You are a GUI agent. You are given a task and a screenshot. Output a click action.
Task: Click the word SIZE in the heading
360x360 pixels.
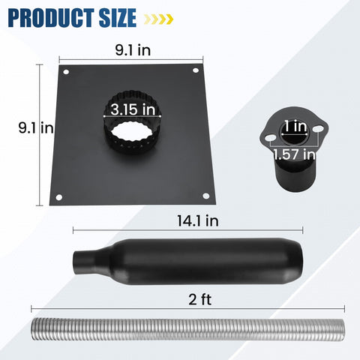click(118, 18)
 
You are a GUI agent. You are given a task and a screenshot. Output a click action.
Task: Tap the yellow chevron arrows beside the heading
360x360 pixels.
click(158, 19)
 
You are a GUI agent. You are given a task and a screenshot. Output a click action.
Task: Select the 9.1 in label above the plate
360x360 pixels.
click(133, 50)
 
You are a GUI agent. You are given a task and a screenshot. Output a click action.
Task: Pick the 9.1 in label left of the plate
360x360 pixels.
click(36, 127)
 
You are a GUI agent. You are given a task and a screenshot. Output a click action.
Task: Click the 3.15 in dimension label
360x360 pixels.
click(133, 109)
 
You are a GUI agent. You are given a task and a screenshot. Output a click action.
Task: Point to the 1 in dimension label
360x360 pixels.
click(295, 126)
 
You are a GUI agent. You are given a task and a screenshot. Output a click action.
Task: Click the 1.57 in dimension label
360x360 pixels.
click(294, 154)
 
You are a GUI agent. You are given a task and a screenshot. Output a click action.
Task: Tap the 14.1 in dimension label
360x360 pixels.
click(198, 221)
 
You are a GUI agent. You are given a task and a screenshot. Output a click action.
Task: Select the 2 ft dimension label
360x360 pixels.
click(199, 299)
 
